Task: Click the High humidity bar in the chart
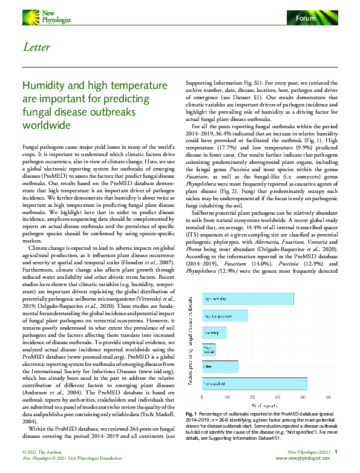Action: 248,299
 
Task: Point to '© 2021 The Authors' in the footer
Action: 42,452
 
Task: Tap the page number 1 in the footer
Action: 336,452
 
